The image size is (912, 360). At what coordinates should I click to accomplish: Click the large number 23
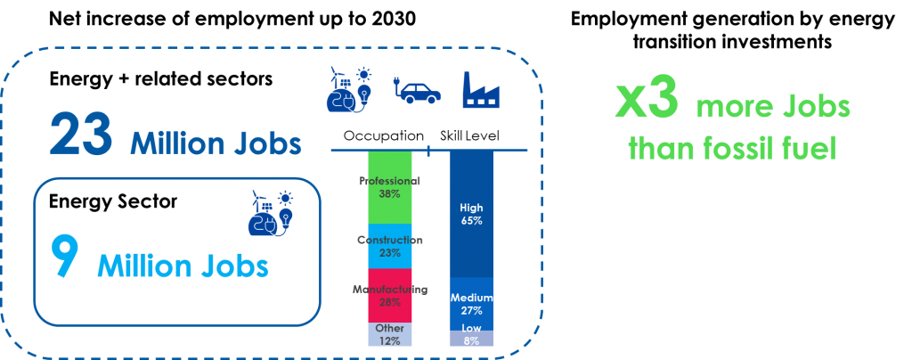(80, 136)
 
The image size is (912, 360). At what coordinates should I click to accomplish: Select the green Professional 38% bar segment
(390, 187)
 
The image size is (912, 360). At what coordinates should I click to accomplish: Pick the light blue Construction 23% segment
(390, 246)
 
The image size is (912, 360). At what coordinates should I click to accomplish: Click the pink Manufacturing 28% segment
(390, 295)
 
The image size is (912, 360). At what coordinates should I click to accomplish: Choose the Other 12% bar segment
(390, 334)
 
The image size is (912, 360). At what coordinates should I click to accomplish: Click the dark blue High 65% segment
(471, 214)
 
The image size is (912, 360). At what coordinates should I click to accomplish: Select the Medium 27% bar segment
(471, 304)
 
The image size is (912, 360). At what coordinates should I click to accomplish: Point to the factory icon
(481, 90)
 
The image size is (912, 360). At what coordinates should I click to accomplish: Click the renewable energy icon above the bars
(348, 89)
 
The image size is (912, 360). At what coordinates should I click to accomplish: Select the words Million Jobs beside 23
(216, 143)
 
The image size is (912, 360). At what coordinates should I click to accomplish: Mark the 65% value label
(471, 220)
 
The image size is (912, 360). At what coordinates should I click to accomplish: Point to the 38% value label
(390, 193)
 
